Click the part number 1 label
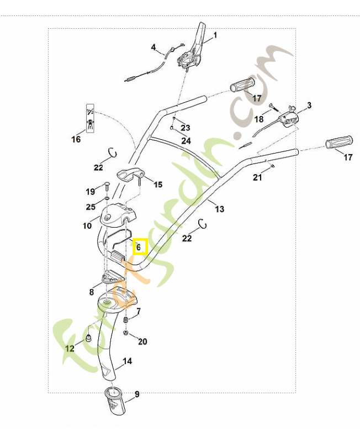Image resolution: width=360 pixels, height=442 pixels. (x=215, y=35)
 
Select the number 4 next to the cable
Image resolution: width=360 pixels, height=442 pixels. (x=153, y=48)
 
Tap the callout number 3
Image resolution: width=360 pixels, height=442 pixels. (x=309, y=105)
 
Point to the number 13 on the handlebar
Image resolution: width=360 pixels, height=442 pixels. (x=220, y=209)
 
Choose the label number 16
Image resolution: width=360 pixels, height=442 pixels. (x=76, y=139)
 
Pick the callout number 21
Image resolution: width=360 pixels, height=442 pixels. (x=257, y=177)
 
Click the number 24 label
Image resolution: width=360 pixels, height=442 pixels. (x=186, y=141)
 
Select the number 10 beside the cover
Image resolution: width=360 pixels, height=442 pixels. (x=87, y=225)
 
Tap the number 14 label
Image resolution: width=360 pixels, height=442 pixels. (x=127, y=361)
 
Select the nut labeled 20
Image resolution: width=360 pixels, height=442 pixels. (x=126, y=333)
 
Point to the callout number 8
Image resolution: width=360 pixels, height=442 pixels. (x=92, y=291)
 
